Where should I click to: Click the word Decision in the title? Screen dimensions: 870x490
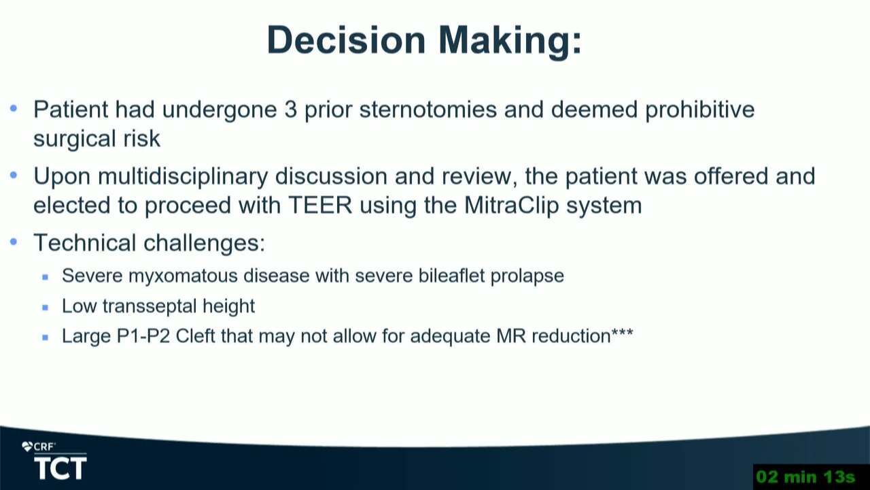pos(346,40)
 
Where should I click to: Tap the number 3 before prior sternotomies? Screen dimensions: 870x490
pos(290,110)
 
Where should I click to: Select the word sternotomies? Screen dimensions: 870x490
pos(428,110)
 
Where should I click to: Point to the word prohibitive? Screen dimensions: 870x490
pos(700,110)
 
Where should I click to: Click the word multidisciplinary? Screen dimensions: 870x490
pos(183,176)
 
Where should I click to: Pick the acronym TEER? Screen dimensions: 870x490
pos(320,205)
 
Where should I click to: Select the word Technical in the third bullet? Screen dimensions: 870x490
pos(85,243)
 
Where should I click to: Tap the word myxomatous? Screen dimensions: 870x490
pos(183,276)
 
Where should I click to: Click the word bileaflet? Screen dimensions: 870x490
pos(451,276)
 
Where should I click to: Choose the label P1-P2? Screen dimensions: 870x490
pos(143,336)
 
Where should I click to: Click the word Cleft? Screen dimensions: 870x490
pos(195,336)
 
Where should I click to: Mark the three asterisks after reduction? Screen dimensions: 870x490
pos(622,333)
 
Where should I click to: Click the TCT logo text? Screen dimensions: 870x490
pos(60,468)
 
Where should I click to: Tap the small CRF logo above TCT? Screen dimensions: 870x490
pos(39,447)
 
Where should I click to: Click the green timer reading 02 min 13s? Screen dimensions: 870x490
pos(806,477)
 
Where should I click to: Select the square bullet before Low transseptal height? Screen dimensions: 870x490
pos(46,308)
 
